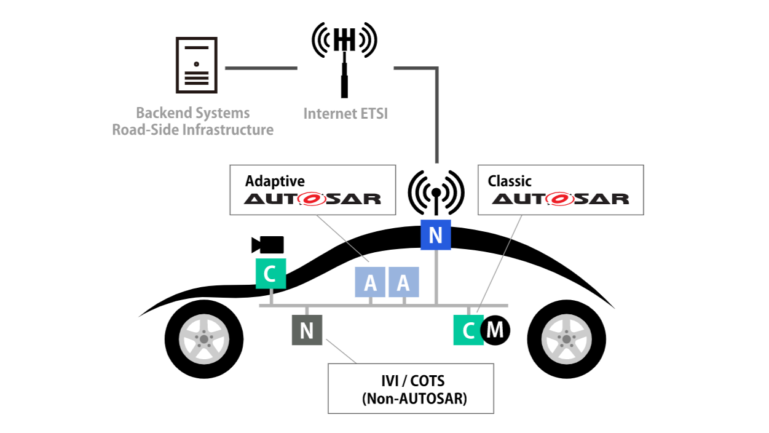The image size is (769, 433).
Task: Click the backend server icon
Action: point(196,65)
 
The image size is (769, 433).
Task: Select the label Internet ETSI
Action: point(345,114)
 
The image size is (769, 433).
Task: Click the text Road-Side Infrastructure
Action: point(192,130)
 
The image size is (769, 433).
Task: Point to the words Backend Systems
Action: point(192,113)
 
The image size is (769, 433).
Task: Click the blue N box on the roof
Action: point(436,234)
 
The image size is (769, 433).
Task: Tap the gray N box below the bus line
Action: point(307,330)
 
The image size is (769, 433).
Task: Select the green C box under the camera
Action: point(270,274)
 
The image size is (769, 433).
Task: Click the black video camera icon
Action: point(268,245)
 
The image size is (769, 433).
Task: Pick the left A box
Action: point(370,282)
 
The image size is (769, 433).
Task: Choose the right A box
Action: point(403,282)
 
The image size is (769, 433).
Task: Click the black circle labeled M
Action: point(495,330)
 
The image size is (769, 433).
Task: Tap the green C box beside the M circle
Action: point(468,330)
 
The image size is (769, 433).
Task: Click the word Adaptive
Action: point(275,181)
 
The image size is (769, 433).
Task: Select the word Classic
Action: point(510,181)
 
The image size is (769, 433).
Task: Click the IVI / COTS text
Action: point(411,381)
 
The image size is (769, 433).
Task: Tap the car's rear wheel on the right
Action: point(566,338)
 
